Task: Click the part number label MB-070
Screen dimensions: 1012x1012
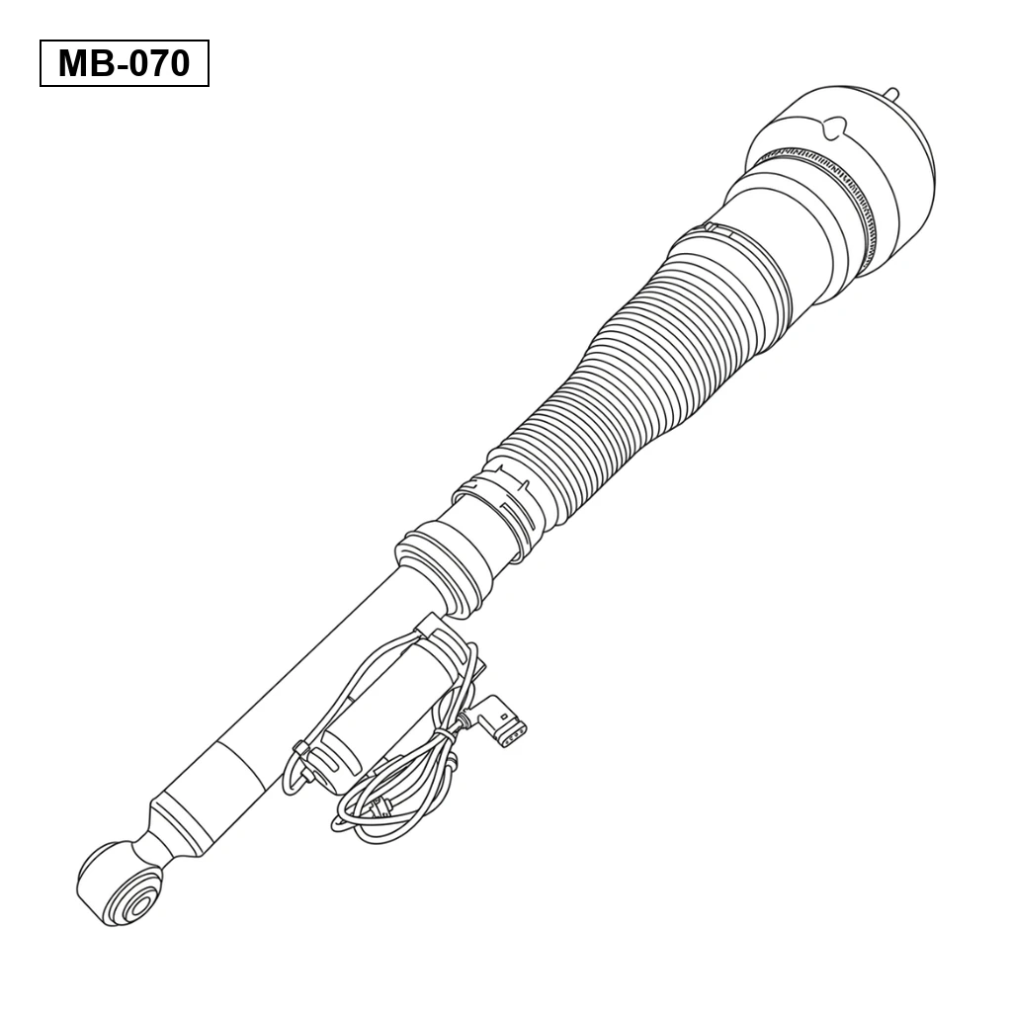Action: point(124,63)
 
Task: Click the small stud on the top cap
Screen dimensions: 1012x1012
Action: point(892,94)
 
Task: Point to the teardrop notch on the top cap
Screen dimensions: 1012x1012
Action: point(835,127)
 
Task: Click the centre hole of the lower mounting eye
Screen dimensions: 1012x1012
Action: point(138,903)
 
